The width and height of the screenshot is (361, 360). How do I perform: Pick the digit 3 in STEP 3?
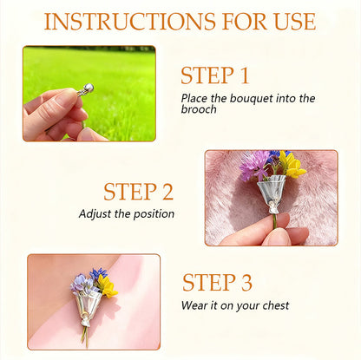pyautogui.click(x=246, y=283)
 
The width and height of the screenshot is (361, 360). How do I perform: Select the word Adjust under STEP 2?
pyautogui.click(x=95, y=213)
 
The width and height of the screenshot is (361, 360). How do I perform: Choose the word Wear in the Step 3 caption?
pyautogui.click(x=195, y=305)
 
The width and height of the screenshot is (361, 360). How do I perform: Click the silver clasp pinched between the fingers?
pyautogui.click(x=86, y=88)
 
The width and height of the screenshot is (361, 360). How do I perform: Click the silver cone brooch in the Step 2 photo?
pyautogui.click(x=271, y=191)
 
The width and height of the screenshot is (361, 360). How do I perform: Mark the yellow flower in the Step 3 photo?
pyautogui.click(x=106, y=284)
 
